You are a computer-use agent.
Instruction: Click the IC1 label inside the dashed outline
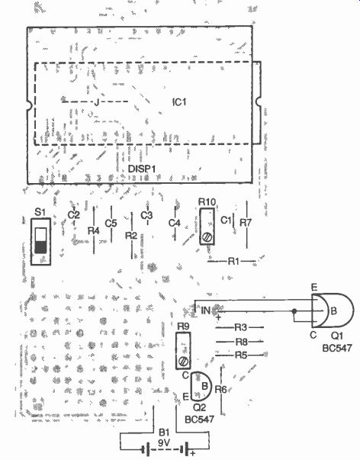(x=179, y=102)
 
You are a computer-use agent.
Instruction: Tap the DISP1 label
(x=142, y=169)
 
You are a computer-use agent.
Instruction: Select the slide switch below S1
(x=40, y=241)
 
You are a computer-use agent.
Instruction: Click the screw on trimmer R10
(x=207, y=236)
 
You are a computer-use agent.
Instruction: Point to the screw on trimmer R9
(x=183, y=361)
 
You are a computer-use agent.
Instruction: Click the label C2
(x=74, y=215)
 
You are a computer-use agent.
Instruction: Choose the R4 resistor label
(x=94, y=231)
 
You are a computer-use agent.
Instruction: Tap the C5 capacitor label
(x=111, y=224)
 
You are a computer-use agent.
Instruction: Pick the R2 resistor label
(x=131, y=235)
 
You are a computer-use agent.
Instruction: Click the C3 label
(x=146, y=216)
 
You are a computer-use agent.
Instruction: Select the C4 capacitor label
(x=174, y=224)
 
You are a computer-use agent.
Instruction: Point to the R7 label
(x=246, y=223)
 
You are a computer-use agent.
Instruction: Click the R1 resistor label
(x=233, y=261)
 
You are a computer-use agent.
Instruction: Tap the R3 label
(x=240, y=327)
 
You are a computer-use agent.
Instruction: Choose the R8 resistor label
(x=242, y=342)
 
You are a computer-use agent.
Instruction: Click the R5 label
(x=241, y=355)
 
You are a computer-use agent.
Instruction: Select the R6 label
(x=220, y=390)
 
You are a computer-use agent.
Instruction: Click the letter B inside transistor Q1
(x=333, y=311)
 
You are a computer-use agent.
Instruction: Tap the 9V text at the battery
(x=164, y=443)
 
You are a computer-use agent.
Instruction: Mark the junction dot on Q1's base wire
(x=294, y=311)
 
